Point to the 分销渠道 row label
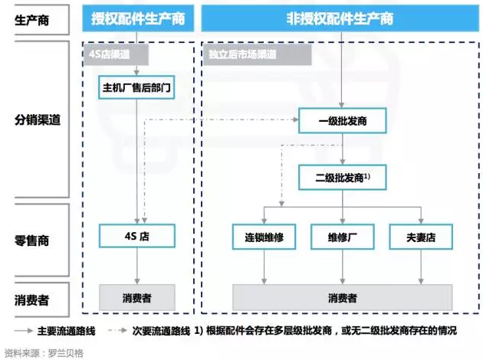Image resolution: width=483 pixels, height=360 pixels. (x=37, y=120)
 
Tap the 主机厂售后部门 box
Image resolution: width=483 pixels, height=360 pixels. (x=138, y=87)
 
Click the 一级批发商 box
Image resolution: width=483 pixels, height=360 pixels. (x=341, y=121)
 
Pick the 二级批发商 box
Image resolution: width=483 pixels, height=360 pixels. (x=341, y=178)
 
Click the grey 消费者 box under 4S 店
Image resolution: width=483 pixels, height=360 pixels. (x=138, y=297)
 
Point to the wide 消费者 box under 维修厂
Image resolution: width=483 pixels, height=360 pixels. (x=341, y=297)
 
